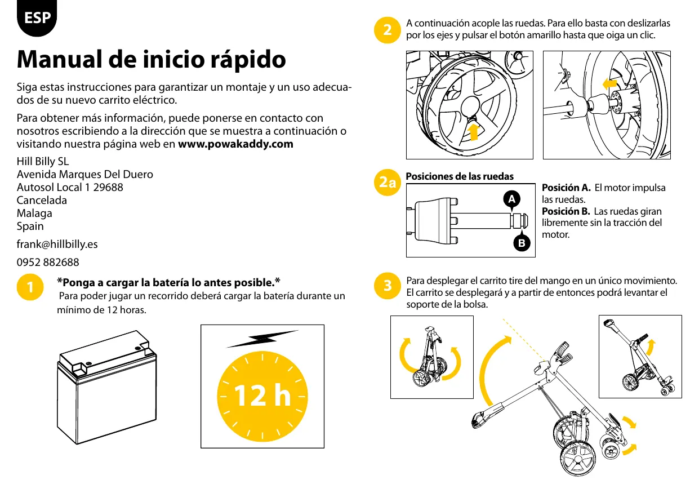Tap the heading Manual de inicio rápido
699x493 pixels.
(152, 59)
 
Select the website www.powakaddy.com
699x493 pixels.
(235, 144)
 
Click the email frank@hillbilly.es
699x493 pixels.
(57, 244)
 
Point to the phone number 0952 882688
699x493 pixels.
(48, 263)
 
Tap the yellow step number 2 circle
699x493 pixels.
(387, 30)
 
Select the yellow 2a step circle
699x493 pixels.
(387, 183)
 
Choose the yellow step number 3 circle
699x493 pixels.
(387, 286)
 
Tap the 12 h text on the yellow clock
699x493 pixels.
(262, 397)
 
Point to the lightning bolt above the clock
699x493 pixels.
(262, 339)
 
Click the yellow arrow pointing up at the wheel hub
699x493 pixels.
(474, 131)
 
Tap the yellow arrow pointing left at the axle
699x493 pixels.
(608, 85)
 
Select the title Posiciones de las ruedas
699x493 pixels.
(460, 176)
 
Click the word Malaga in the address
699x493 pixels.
(34, 214)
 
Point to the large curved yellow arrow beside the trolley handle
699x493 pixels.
(490, 372)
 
